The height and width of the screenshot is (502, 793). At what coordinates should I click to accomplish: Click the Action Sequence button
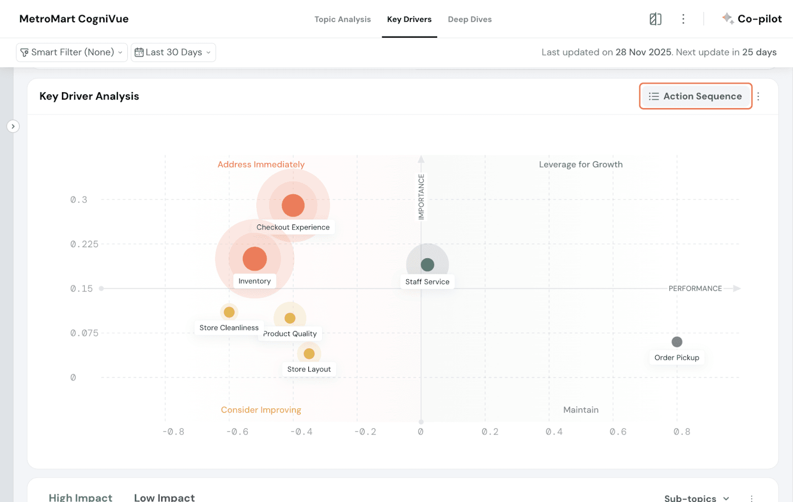pyautogui.click(x=695, y=96)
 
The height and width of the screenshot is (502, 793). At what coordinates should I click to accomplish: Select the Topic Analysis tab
pyautogui.click(x=342, y=19)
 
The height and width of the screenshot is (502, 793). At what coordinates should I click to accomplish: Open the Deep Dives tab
pyautogui.click(x=469, y=19)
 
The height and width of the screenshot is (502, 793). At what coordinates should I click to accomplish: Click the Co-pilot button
pyautogui.click(x=752, y=19)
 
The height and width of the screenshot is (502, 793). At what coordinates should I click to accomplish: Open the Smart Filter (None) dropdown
pyautogui.click(x=72, y=52)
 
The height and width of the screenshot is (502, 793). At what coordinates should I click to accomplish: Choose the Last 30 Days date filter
pyautogui.click(x=173, y=52)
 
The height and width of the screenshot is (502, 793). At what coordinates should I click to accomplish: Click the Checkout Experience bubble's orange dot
pyautogui.click(x=293, y=205)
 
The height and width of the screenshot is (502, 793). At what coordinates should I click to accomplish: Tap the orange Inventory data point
pyautogui.click(x=255, y=259)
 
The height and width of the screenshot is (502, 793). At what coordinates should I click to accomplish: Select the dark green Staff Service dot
pyautogui.click(x=427, y=265)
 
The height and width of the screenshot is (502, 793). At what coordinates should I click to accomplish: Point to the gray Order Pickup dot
pyautogui.click(x=677, y=342)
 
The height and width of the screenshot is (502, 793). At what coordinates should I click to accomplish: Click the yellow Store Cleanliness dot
pyautogui.click(x=229, y=312)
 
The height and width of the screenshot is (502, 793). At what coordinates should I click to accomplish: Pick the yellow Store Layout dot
pyautogui.click(x=309, y=354)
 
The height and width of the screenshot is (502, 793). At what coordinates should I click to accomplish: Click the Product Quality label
pyautogui.click(x=290, y=334)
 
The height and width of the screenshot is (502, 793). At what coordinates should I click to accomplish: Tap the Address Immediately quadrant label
pyautogui.click(x=261, y=165)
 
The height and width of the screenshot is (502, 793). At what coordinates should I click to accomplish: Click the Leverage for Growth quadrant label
pyautogui.click(x=580, y=165)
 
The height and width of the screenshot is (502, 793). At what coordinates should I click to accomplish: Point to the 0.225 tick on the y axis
pyautogui.click(x=84, y=244)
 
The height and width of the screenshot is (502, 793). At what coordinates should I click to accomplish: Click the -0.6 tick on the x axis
pyautogui.click(x=237, y=432)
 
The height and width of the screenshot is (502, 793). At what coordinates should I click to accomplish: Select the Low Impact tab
pyautogui.click(x=164, y=497)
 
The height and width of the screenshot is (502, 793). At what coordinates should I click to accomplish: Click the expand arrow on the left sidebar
pyautogui.click(x=13, y=126)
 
